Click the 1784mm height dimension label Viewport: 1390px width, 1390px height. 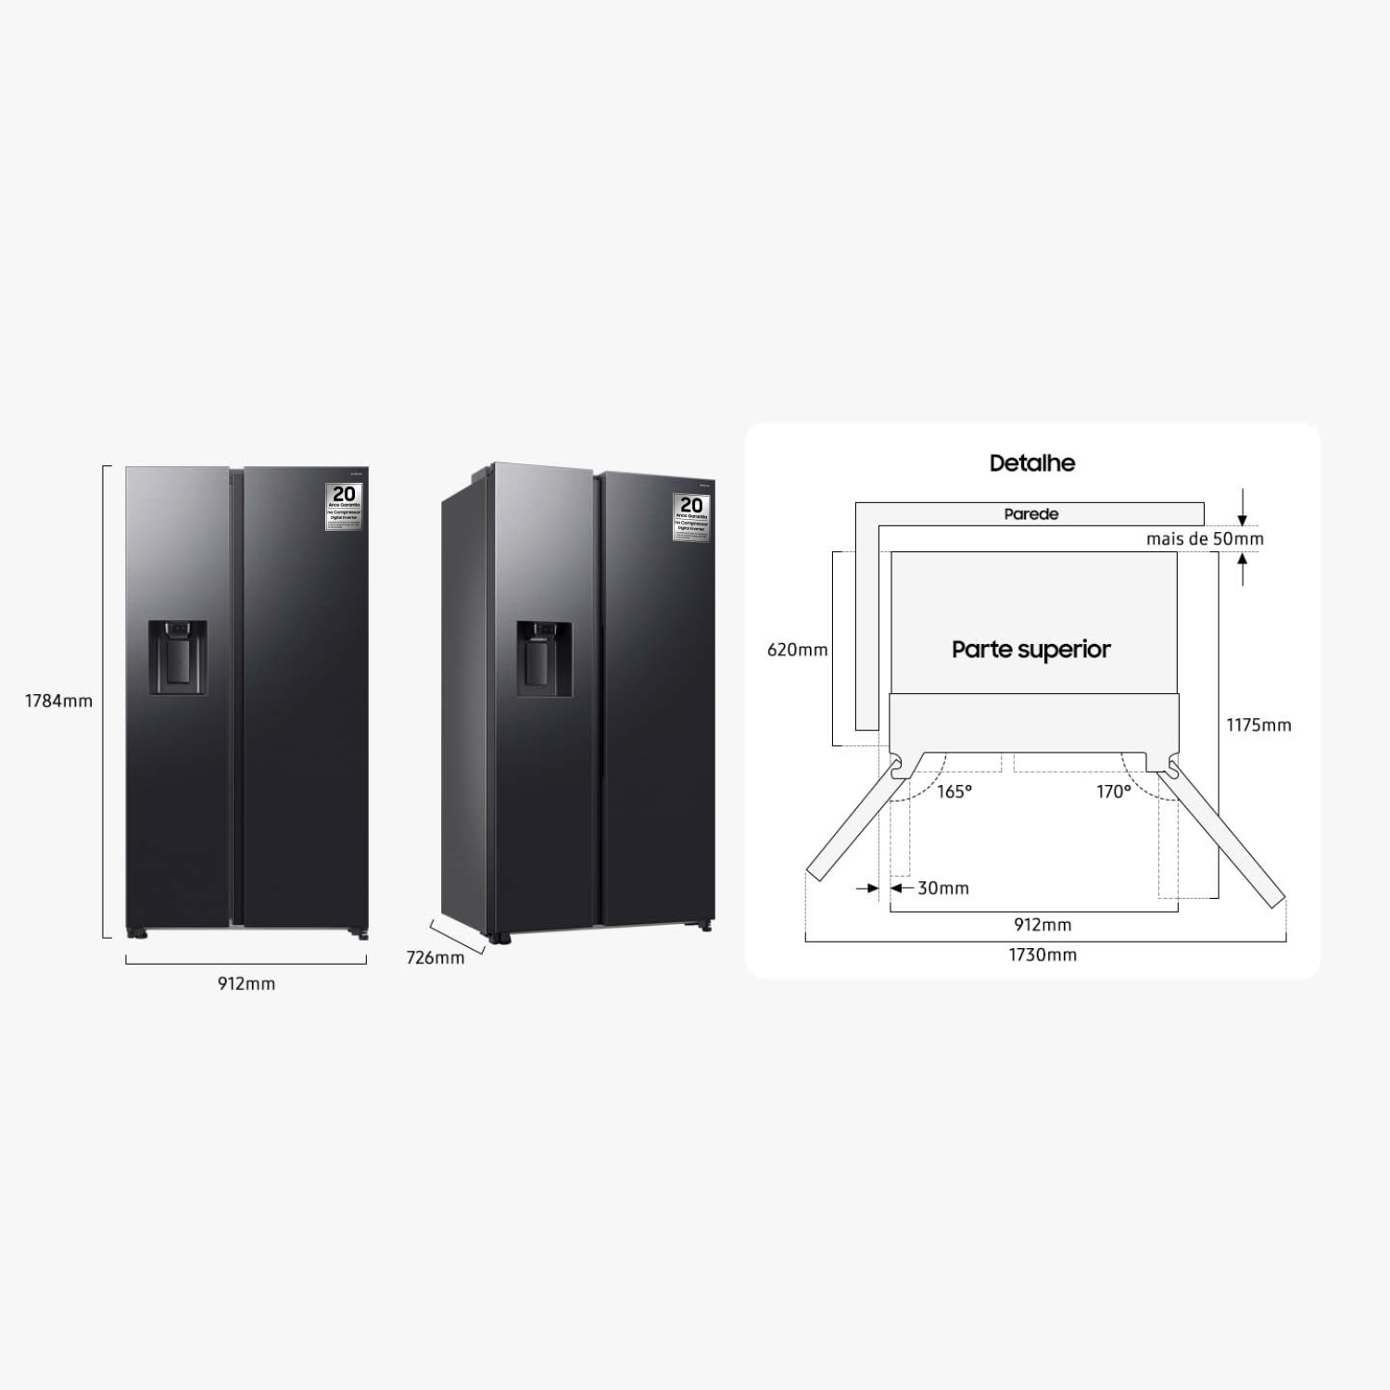click(x=58, y=701)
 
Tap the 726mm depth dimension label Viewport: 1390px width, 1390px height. click(x=436, y=957)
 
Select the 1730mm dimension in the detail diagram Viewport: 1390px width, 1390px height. click(x=1042, y=954)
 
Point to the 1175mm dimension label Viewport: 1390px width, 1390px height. click(x=1258, y=725)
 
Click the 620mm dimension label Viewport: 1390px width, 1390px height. click(x=797, y=650)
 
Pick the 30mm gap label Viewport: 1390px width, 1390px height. click(x=942, y=888)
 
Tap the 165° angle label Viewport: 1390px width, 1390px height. click(x=954, y=791)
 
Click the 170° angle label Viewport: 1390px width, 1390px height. click(x=1113, y=791)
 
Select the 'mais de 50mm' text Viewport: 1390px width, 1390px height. click(x=1204, y=538)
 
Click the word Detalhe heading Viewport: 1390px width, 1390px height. click(x=1032, y=462)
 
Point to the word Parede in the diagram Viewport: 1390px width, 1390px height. click(x=1030, y=513)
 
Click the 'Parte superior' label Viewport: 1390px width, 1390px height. click(x=1030, y=649)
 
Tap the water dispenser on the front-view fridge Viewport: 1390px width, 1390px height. click(x=177, y=657)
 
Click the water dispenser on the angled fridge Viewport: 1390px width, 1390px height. click(x=543, y=657)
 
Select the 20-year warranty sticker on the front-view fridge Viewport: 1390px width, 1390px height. click(x=344, y=506)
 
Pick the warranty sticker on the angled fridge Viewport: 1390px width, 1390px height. click(x=691, y=516)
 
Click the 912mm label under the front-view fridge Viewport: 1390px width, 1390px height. click(x=246, y=983)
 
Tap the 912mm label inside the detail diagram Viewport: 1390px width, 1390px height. click(x=1042, y=924)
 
